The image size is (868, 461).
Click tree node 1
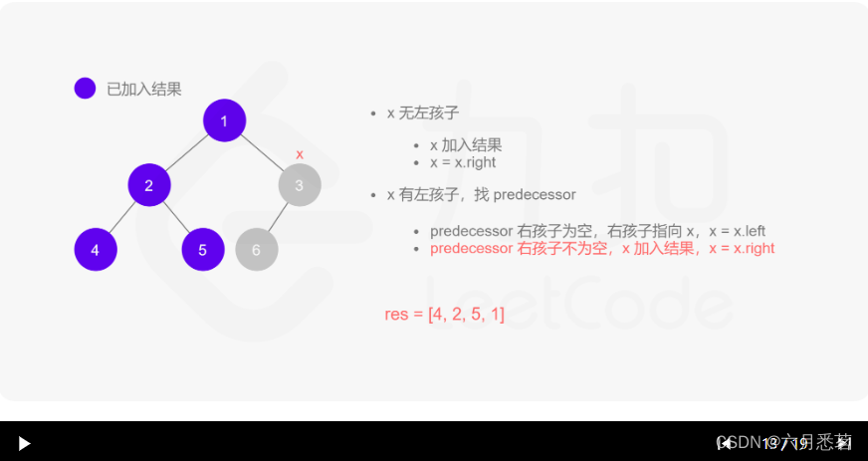pyautogui.click(x=224, y=120)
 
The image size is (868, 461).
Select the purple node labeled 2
pyautogui.click(x=149, y=185)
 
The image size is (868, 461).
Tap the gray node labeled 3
pyautogui.click(x=300, y=185)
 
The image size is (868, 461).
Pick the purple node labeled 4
pyautogui.click(x=96, y=250)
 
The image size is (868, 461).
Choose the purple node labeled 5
pyautogui.click(x=203, y=250)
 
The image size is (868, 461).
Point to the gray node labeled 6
pyautogui.click(x=257, y=250)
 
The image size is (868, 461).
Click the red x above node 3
pyautogui.click(x=300, y=154)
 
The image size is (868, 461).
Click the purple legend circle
pyautogui.click(x=85, y=89)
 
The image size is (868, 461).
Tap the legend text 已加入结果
pyautogui.click(x=144, y=89)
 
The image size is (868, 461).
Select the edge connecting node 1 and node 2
pyautogui.click(x=187, y=152)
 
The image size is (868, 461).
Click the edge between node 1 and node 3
pyautogui.click(x=262, y=152)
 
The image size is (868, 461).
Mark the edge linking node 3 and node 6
pyautogui.click(x=279, y=217)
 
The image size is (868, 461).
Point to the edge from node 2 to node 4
pyautogui.click(x=122, y=217)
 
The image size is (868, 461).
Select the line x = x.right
pyautogui.click(x=463, y=162)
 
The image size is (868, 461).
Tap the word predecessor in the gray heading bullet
pyautogui.click(x=535, y=195)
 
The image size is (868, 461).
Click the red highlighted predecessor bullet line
pyautogui.click(x=602, y=248)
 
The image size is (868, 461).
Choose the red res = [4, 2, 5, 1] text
pyautogui.click(x=445, y=315)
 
